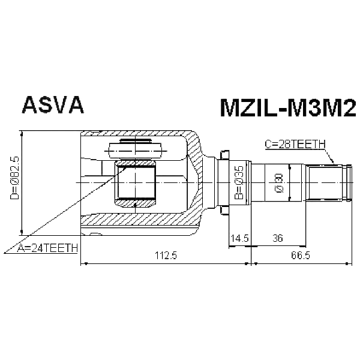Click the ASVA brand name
(x=53, y=105)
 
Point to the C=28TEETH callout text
(x=295, y=143)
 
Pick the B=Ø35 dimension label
(x=238, y=183)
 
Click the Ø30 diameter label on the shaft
(x=278, y=183)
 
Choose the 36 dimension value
(x=277, y=238)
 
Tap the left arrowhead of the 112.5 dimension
(x=83, y=263)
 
